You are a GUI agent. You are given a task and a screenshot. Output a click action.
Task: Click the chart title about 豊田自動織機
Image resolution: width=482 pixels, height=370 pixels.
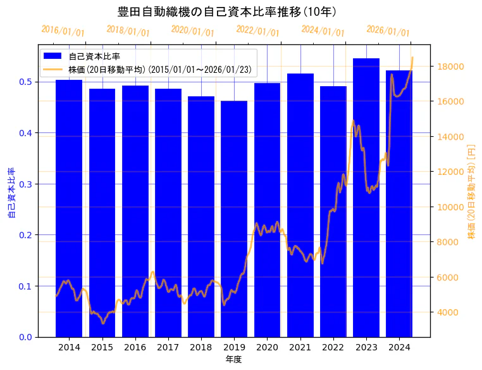[x=227, y=11]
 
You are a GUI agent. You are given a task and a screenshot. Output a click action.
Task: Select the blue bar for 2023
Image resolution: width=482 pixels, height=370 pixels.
[x=366, y=197]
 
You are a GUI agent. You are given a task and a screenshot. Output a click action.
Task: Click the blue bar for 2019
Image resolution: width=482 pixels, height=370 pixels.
[x=234, y=219]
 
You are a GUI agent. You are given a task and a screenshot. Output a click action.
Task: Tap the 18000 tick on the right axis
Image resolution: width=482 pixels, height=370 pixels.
[x=452, y=67]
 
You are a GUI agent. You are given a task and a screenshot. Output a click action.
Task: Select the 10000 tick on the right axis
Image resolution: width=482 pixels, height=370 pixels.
[x=452, y=207]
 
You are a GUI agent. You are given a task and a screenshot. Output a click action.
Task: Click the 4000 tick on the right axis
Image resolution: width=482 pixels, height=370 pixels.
[x=449, y=312]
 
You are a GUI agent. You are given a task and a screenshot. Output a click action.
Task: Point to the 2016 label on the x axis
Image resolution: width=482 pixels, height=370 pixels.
[x=135, y=348]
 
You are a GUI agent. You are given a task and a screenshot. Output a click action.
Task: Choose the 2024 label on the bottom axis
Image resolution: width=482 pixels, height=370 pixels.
[x=399, y=348]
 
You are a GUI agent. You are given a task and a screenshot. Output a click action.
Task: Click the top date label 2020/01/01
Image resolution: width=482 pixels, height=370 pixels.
[x=193, y=30]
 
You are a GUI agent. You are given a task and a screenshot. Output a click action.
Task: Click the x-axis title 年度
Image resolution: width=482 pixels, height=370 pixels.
[x=233, y=359]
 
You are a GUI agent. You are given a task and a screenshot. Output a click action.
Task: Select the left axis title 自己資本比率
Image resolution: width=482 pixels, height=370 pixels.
[x=11, y=193]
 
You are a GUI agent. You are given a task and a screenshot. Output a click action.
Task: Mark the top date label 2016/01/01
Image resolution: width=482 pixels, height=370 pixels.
[x=63, y=30]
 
